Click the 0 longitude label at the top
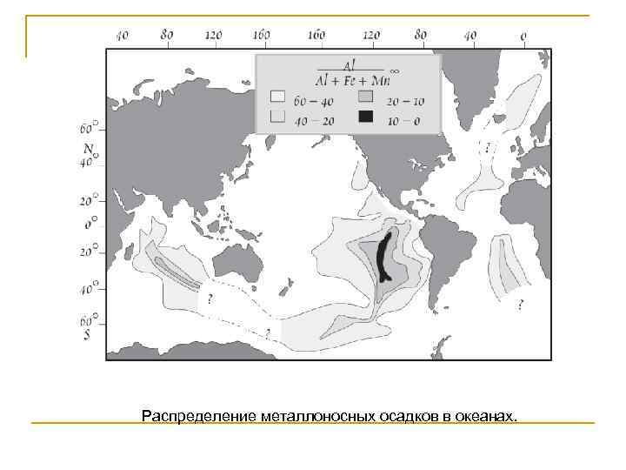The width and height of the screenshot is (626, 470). pyautogui.click(x=523, y=36)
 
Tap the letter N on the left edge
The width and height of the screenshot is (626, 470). pyautogui.click(x=88, y=147)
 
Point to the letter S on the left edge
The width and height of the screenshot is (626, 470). pyautogui.click(x=88, y=333)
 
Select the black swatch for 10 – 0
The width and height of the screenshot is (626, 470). pyautogui.click(x=366, y=116)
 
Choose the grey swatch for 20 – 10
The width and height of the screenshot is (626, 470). pyautogui.click(x=366, y=96)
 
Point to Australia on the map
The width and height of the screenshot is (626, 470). pyautogui.click(x=238, y=262)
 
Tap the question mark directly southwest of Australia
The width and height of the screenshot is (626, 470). pyautogui.click(x=210, y=299)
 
